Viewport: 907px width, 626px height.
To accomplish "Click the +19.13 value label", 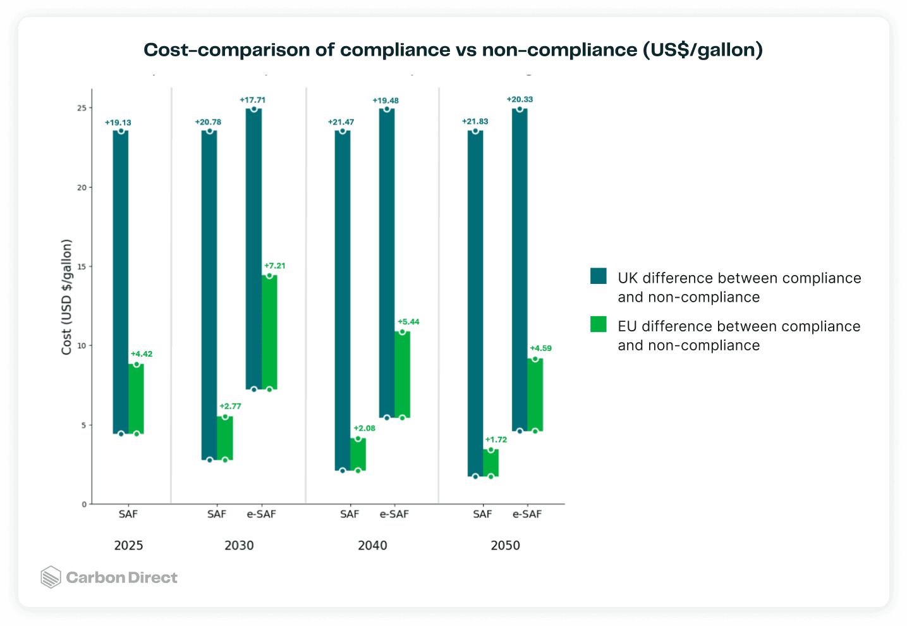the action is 118,123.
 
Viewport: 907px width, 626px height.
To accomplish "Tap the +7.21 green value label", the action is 274,266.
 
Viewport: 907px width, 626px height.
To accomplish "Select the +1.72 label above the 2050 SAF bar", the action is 496,439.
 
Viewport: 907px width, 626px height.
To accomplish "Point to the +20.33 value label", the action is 520,99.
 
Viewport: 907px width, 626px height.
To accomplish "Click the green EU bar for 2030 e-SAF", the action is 269,332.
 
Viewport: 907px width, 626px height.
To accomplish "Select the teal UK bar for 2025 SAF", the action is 121,283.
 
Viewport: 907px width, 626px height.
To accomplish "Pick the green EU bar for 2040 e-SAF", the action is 402,375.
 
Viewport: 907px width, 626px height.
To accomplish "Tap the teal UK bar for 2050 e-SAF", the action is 520,270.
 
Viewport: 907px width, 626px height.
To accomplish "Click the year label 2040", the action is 372,545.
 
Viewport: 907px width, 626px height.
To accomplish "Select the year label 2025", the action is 128,545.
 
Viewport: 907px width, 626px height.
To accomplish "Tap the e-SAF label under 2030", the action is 261,514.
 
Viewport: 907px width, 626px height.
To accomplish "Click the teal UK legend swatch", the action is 598,276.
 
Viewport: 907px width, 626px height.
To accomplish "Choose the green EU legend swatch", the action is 598,324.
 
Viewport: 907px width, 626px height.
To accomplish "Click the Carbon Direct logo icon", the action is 51,577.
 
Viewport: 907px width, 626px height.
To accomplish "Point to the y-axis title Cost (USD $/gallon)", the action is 66,297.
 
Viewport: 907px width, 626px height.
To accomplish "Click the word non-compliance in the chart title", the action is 559,50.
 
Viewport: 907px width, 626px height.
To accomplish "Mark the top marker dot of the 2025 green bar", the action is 137,364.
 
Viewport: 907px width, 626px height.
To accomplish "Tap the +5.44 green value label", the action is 408,322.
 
